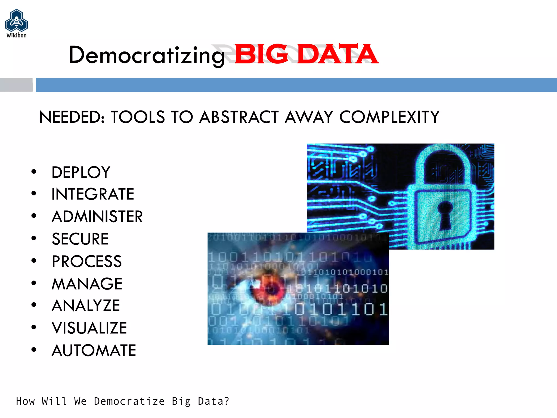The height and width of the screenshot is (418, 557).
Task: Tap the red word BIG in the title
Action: tap(261, 54)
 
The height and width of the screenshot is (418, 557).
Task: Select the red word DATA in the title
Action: tap(337, 54)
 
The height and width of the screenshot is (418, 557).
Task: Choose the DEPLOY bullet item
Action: tap(81, 172)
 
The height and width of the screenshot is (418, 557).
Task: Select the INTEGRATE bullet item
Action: tap(92, 194)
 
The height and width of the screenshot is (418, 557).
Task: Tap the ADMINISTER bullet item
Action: tap(97, 217)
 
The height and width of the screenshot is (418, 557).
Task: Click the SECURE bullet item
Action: tap(80, 239)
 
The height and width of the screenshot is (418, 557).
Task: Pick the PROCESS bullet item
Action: tap(87, 261)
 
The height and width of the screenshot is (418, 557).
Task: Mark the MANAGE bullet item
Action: tap(87, 284)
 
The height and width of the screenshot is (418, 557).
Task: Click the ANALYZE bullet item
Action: tap(86, 305)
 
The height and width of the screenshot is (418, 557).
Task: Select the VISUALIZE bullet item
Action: tap(89, 328)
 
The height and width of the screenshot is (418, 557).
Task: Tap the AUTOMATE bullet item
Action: tap(94, 350)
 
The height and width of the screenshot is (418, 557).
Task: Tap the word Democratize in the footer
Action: tap(129, 401)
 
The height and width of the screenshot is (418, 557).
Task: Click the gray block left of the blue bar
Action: tap(16, 85)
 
